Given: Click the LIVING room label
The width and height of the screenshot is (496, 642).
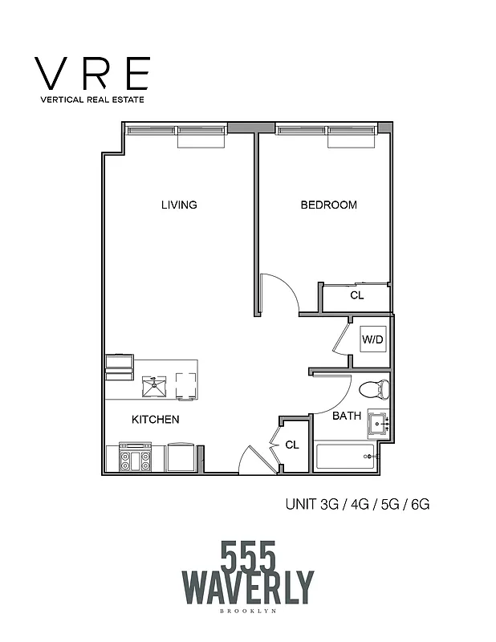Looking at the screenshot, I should pyautogui.click(x=179, y=205).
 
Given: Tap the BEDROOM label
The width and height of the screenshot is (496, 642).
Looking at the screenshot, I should pyautogui.click(x=328, y=205).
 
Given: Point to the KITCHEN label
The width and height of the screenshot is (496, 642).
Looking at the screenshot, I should pyautogui.click(x=155, y=420).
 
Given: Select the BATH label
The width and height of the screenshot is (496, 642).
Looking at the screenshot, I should pyautogui.click(x=347, y=416).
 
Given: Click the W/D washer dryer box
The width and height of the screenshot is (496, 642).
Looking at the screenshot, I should pyautogui.click(x=373, y=339).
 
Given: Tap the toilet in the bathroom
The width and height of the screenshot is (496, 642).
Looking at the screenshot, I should pyautogui.click(x=374, y=391).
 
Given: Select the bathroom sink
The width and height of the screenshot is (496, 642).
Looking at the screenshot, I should pyautogui.click(x=377, y=421).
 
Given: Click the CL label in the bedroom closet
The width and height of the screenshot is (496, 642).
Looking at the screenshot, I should pyautogui.click(x=357, y=295).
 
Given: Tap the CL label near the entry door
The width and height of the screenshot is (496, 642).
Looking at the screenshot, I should pyautogui.click(x=292, y=444).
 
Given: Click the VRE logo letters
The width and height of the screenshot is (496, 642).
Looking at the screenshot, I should pyautogui.click(x=93, y=74).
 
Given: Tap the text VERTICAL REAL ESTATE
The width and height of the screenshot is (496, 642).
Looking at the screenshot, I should pyautogui.click(x=93, y=100).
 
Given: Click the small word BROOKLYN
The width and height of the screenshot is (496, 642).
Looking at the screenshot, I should pyautogui.click(x=248, y=612).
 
